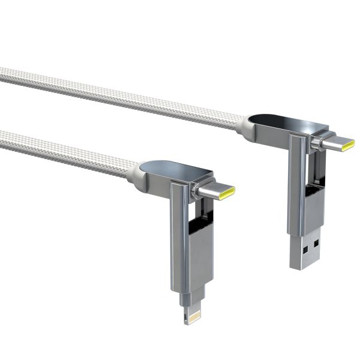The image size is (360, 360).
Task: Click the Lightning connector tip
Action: point(195,314)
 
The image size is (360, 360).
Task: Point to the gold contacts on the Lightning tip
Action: point(195,318)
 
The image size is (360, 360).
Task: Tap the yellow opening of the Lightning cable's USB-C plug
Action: point(230,191)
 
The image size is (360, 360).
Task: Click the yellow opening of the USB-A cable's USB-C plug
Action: point(348,143)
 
